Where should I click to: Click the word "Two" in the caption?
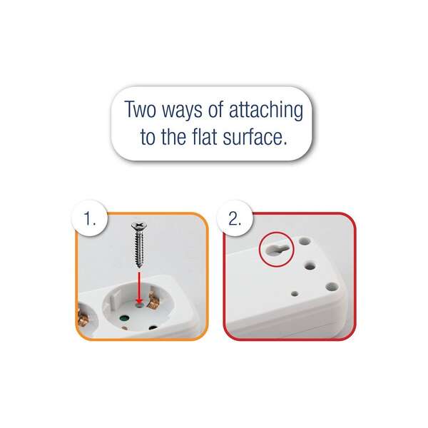(x=141, y=109)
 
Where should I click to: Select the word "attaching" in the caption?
(x=266, y=111)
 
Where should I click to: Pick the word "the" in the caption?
(x=174, y=136)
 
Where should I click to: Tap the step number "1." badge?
(x=90, y=218)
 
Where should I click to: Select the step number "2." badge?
(x=235, y=218)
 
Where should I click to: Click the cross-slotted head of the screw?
(x=139, y=225)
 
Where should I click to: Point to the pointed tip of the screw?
(x=139, y=266)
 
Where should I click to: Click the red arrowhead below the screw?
(x=140, y=301)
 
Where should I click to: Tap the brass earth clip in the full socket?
(x=152, y=300)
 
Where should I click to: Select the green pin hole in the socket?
(x=125, y=318)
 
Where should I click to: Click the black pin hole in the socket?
(x=153, y=327)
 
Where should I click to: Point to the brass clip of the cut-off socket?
(x=82, y=317)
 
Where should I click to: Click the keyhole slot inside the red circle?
(x=276, y=248)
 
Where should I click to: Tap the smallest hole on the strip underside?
(x=295, y=294)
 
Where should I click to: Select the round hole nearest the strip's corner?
(x=332, y=287)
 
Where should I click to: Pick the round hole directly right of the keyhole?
(x=305, y=241)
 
